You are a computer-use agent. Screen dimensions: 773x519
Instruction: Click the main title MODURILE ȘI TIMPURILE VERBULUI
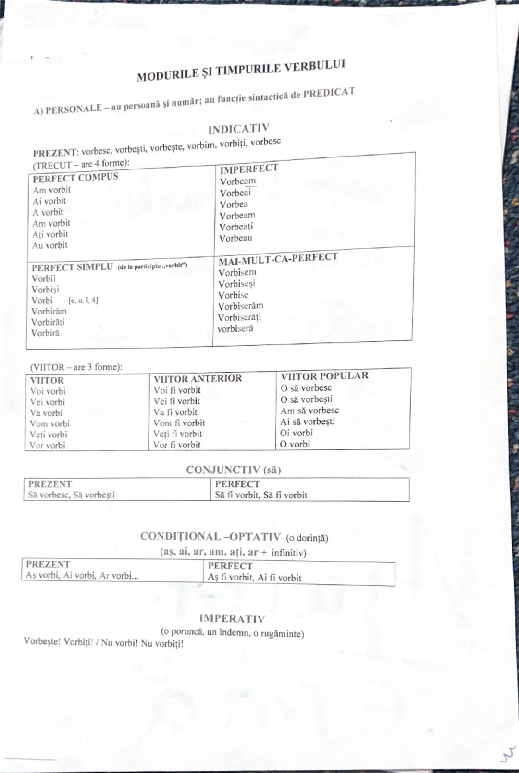[x=241, y=71]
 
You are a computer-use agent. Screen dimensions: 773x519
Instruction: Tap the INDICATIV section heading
[x=239, y=129]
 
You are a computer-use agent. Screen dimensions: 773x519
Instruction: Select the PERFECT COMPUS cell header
[x=75, y=177]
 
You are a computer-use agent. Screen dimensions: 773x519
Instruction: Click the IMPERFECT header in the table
[x=249, y=169]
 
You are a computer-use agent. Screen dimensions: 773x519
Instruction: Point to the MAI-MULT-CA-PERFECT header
[x=278, y=258]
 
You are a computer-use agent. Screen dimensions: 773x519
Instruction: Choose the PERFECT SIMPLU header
[x=72, y=267]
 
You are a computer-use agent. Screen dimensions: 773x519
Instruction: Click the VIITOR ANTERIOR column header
[x=198, y=378]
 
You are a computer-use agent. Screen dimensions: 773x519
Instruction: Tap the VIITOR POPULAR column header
[x=324, y=375]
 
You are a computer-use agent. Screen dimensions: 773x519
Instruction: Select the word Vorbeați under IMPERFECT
[x=236, y=227]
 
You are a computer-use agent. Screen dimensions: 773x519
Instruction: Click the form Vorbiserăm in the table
[x=240, y=306]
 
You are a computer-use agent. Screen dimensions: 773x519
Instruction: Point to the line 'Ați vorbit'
[x=50, y=234]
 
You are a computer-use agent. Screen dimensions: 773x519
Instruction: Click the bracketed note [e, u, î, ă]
[x=83, y=301]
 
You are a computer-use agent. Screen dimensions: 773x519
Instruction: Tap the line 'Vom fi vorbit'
[x=179, y=423]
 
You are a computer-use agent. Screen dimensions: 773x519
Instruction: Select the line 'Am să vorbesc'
[x=309, y=411]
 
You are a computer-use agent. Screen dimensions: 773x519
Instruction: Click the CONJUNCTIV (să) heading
[x=234, y=470]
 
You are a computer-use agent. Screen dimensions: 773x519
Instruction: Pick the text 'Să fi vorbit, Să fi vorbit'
[x=261, y=495]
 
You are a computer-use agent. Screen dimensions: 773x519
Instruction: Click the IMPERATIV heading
[x=232, y=618]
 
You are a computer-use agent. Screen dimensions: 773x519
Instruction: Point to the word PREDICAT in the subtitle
[x=329, y=93]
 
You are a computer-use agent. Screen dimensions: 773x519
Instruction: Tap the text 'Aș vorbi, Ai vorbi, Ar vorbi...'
[x=82, y=575]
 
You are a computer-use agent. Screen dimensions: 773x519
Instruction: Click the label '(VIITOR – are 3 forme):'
[x=76, y=367]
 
